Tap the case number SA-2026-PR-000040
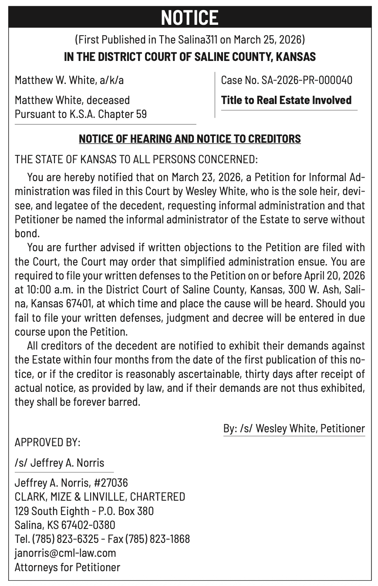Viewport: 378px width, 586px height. (307, 80)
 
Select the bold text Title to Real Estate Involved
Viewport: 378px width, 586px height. (286, 100)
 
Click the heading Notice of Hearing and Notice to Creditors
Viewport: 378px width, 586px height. (189, 139)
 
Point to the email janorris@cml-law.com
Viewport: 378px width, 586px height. (65, 553)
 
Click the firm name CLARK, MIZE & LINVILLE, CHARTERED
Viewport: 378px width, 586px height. (100, 497)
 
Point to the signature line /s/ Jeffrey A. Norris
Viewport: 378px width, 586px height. (59, 463)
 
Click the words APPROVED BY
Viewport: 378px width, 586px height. (47, 442)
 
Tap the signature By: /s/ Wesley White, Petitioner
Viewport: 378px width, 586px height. (294, 428)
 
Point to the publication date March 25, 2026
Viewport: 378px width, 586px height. (267, 40)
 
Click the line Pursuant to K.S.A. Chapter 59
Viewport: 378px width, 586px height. (81, 114)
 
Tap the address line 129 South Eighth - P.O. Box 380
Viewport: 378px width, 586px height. (84, 511)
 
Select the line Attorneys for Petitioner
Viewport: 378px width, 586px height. (67, 567)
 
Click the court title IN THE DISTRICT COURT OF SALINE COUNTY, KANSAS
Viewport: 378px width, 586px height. (189, 57)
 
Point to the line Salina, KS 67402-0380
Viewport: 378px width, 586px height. (65, 525)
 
